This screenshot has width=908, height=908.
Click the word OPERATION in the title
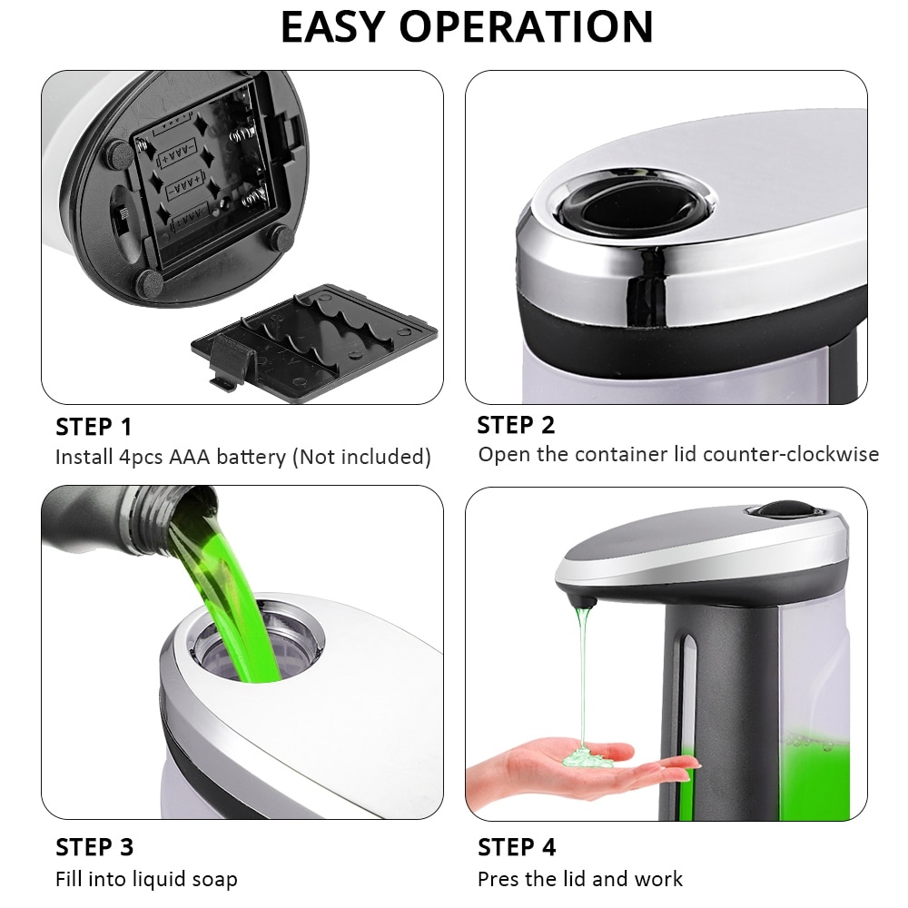pos(526,26)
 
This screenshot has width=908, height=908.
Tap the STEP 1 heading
pos(94,426)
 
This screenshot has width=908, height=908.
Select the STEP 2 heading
pos(516,425)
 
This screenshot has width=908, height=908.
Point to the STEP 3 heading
pos(94,847)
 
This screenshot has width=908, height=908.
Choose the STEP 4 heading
pos(517,847)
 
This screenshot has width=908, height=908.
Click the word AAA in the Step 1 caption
pos(189,457)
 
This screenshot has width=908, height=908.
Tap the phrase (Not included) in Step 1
pos(360,457)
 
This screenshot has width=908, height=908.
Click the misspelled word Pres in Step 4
pos(498,879)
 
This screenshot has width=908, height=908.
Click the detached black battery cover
pos(313,340)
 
